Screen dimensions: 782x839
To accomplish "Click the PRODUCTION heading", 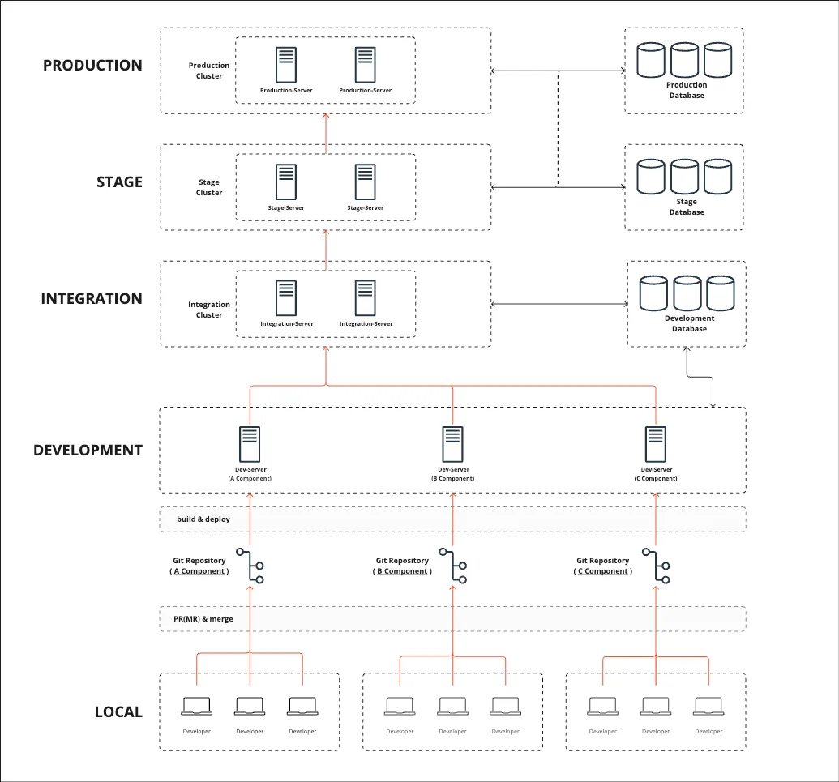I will (92, 66).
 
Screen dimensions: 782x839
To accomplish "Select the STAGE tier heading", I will (119, 182).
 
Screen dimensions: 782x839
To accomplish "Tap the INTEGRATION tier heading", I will (92, 299).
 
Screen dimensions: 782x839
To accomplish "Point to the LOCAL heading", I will (118, 712).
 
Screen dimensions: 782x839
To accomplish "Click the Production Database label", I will (687, 90).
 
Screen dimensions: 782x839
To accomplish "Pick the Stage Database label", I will (687, 207).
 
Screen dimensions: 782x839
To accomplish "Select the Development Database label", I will (689, 323).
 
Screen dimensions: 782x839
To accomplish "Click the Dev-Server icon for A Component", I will (250, 444).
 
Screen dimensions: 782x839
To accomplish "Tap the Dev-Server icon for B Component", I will (452, 444).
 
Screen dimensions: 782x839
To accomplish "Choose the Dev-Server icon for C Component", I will (655, 444).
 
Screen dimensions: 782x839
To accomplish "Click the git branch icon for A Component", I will (250, 566).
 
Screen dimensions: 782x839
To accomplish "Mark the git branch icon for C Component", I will (655, 566).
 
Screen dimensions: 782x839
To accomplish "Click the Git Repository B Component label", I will (402, 566).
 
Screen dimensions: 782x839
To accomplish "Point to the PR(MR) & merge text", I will (203, 619).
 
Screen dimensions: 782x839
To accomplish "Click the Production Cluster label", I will (209, 71).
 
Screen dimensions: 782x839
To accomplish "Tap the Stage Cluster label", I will (209, 187).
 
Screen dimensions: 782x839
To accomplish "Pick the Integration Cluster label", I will (209, 310).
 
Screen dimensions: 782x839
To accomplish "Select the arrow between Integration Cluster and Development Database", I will (559, 305).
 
